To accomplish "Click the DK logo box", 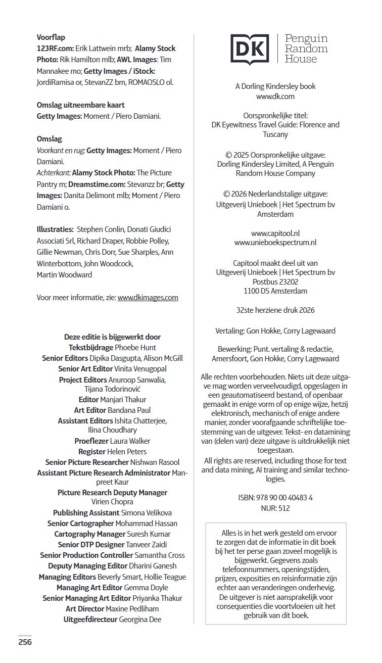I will point(250,50).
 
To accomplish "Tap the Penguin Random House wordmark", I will point(306,49).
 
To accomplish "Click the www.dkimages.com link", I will point(148,298).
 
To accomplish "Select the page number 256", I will point(25,642).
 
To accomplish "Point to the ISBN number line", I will point(275,498).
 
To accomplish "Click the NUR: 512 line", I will point(275,508).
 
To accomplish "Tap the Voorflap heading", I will point(51,37).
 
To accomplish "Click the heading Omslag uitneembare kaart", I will point(80,105).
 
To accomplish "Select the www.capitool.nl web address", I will point(275,233).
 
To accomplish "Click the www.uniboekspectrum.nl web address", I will point(275,243).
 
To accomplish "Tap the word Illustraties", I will point(55,229).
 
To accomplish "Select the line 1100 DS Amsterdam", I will point(275,291).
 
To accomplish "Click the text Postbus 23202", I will point(275,282).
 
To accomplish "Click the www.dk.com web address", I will point(275,96).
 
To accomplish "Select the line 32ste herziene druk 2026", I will point(275,310).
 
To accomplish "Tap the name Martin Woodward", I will point(64,275).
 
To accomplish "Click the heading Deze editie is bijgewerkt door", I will point(112,337).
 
